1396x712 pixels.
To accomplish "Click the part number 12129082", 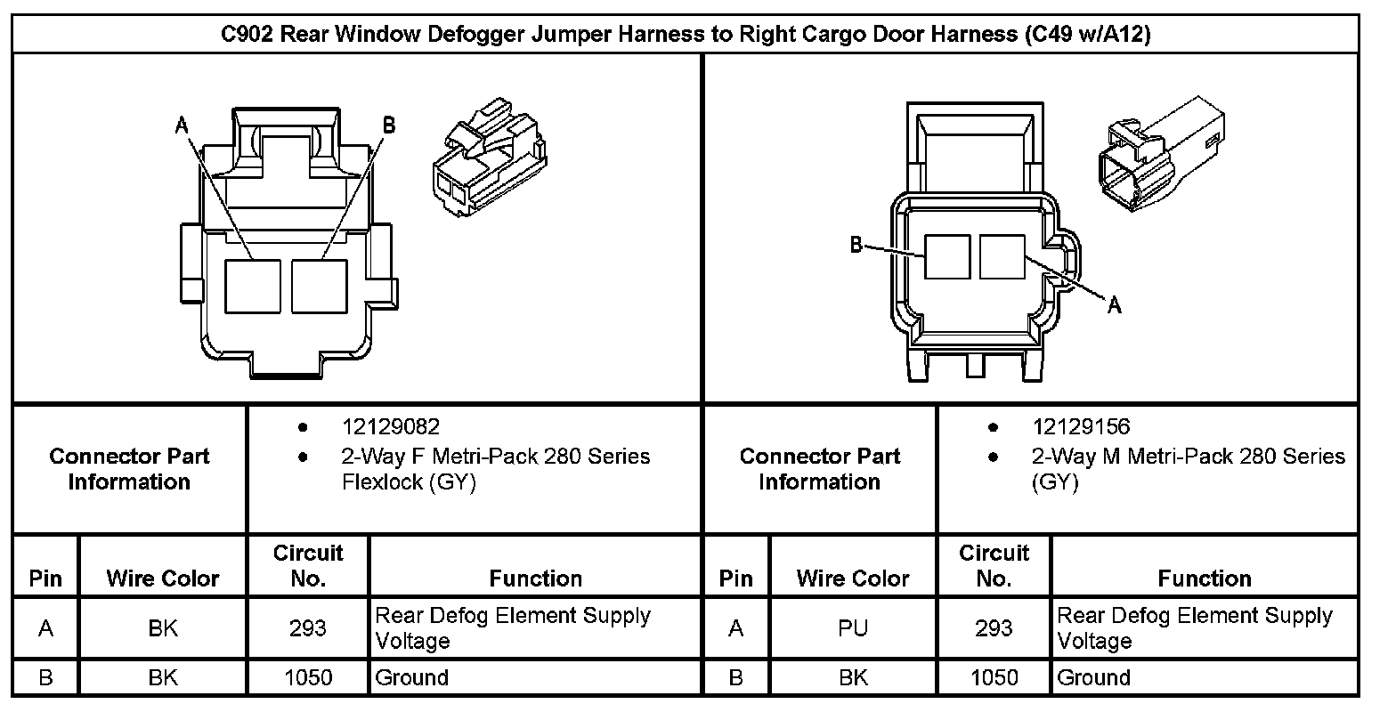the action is coord(390,427).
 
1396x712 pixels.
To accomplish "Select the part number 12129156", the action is coord(1081,427).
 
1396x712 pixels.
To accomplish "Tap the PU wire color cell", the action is coord(852,628).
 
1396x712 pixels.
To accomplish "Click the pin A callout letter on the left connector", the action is coord(183,125).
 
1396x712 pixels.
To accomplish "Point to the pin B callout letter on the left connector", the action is coord(388,125).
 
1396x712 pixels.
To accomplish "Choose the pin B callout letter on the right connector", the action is coord(856,245).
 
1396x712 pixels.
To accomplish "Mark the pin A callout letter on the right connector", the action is coord(1114,306).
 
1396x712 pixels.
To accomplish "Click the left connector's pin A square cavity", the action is coord(253,286).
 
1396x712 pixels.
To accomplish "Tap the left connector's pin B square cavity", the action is coord(319,286).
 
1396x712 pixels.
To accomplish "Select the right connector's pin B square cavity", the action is coord(946,256).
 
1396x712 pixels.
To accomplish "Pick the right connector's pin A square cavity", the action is coord(1002,256).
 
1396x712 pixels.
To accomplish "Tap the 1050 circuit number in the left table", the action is coord(307,677).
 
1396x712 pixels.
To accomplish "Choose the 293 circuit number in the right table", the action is coord(994,628).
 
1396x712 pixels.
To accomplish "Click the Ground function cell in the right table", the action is coord(1093,677).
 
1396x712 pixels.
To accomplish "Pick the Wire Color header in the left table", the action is coord(162,578).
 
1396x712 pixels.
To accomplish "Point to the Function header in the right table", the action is coord(1204,578).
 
